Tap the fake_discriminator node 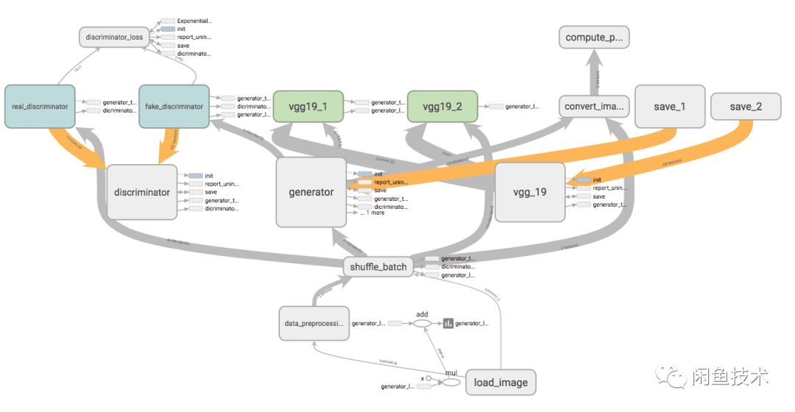tap(174, 107)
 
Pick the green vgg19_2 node tap(442, 107)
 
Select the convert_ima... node tap(594, 107)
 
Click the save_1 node tap(669, 107)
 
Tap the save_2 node tap(746, 107)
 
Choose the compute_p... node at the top tap(594, 37)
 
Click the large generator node tap(311, 192)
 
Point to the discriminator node tap(142, 192)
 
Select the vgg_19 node tap(530, 192)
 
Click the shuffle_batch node tap(378, 266)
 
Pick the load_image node tap(501, 383)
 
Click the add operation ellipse tap(422, 323)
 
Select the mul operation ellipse tap(451, 382)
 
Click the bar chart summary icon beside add tap(448, 323)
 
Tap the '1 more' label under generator tap(375, 213)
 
